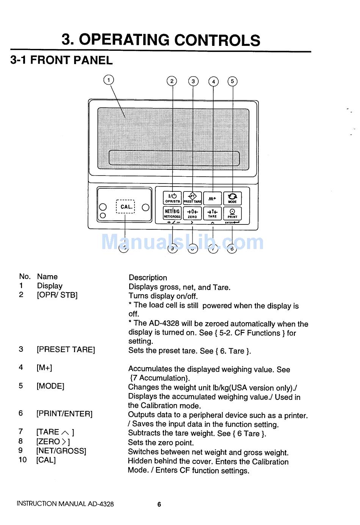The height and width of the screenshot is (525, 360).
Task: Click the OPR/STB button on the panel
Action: (172, 198)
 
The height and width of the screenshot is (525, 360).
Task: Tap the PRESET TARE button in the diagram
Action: (193, 198)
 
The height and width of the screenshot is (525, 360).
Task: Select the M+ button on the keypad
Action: (212, 198)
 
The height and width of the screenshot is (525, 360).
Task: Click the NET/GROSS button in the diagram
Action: (172, 213)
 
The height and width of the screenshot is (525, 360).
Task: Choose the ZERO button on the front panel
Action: (193, 213)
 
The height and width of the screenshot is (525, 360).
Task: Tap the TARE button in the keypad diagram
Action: (212, 213)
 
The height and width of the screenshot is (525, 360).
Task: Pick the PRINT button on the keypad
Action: (232, 213)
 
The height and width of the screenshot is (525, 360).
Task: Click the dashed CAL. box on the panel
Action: (125, 207)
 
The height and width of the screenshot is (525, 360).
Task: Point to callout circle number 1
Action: (109, 80)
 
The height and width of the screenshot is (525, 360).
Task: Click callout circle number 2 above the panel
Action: (172, 81)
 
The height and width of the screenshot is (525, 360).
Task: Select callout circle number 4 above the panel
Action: (214, 81)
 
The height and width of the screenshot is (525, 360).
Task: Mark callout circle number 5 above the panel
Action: (232, 81)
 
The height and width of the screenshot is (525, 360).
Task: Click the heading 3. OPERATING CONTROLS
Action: (161, 40)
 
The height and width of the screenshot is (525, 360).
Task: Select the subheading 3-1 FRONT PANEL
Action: (61, 60)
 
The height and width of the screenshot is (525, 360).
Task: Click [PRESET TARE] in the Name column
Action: (66, 349)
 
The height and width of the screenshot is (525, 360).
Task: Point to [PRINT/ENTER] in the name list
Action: (64, 414)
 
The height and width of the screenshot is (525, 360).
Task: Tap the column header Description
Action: (148, 277)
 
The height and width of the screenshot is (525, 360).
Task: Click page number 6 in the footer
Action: (159, 504)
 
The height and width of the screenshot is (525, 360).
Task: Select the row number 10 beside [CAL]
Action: (23, 460)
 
